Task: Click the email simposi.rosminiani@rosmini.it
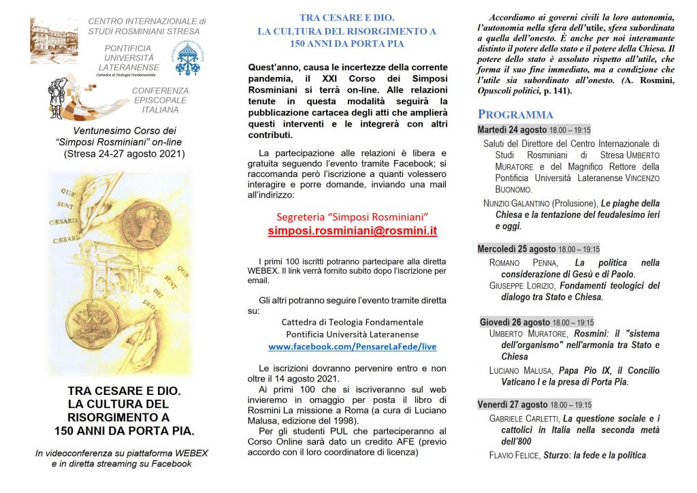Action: point(353,231)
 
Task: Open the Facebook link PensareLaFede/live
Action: point(353,347)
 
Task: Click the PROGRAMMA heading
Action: point(515,114)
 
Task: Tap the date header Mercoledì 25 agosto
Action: point(517,249)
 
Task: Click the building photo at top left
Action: point(54,40)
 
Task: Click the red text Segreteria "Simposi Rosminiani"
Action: point(353,217)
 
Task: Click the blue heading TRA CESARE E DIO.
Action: point(346,19)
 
